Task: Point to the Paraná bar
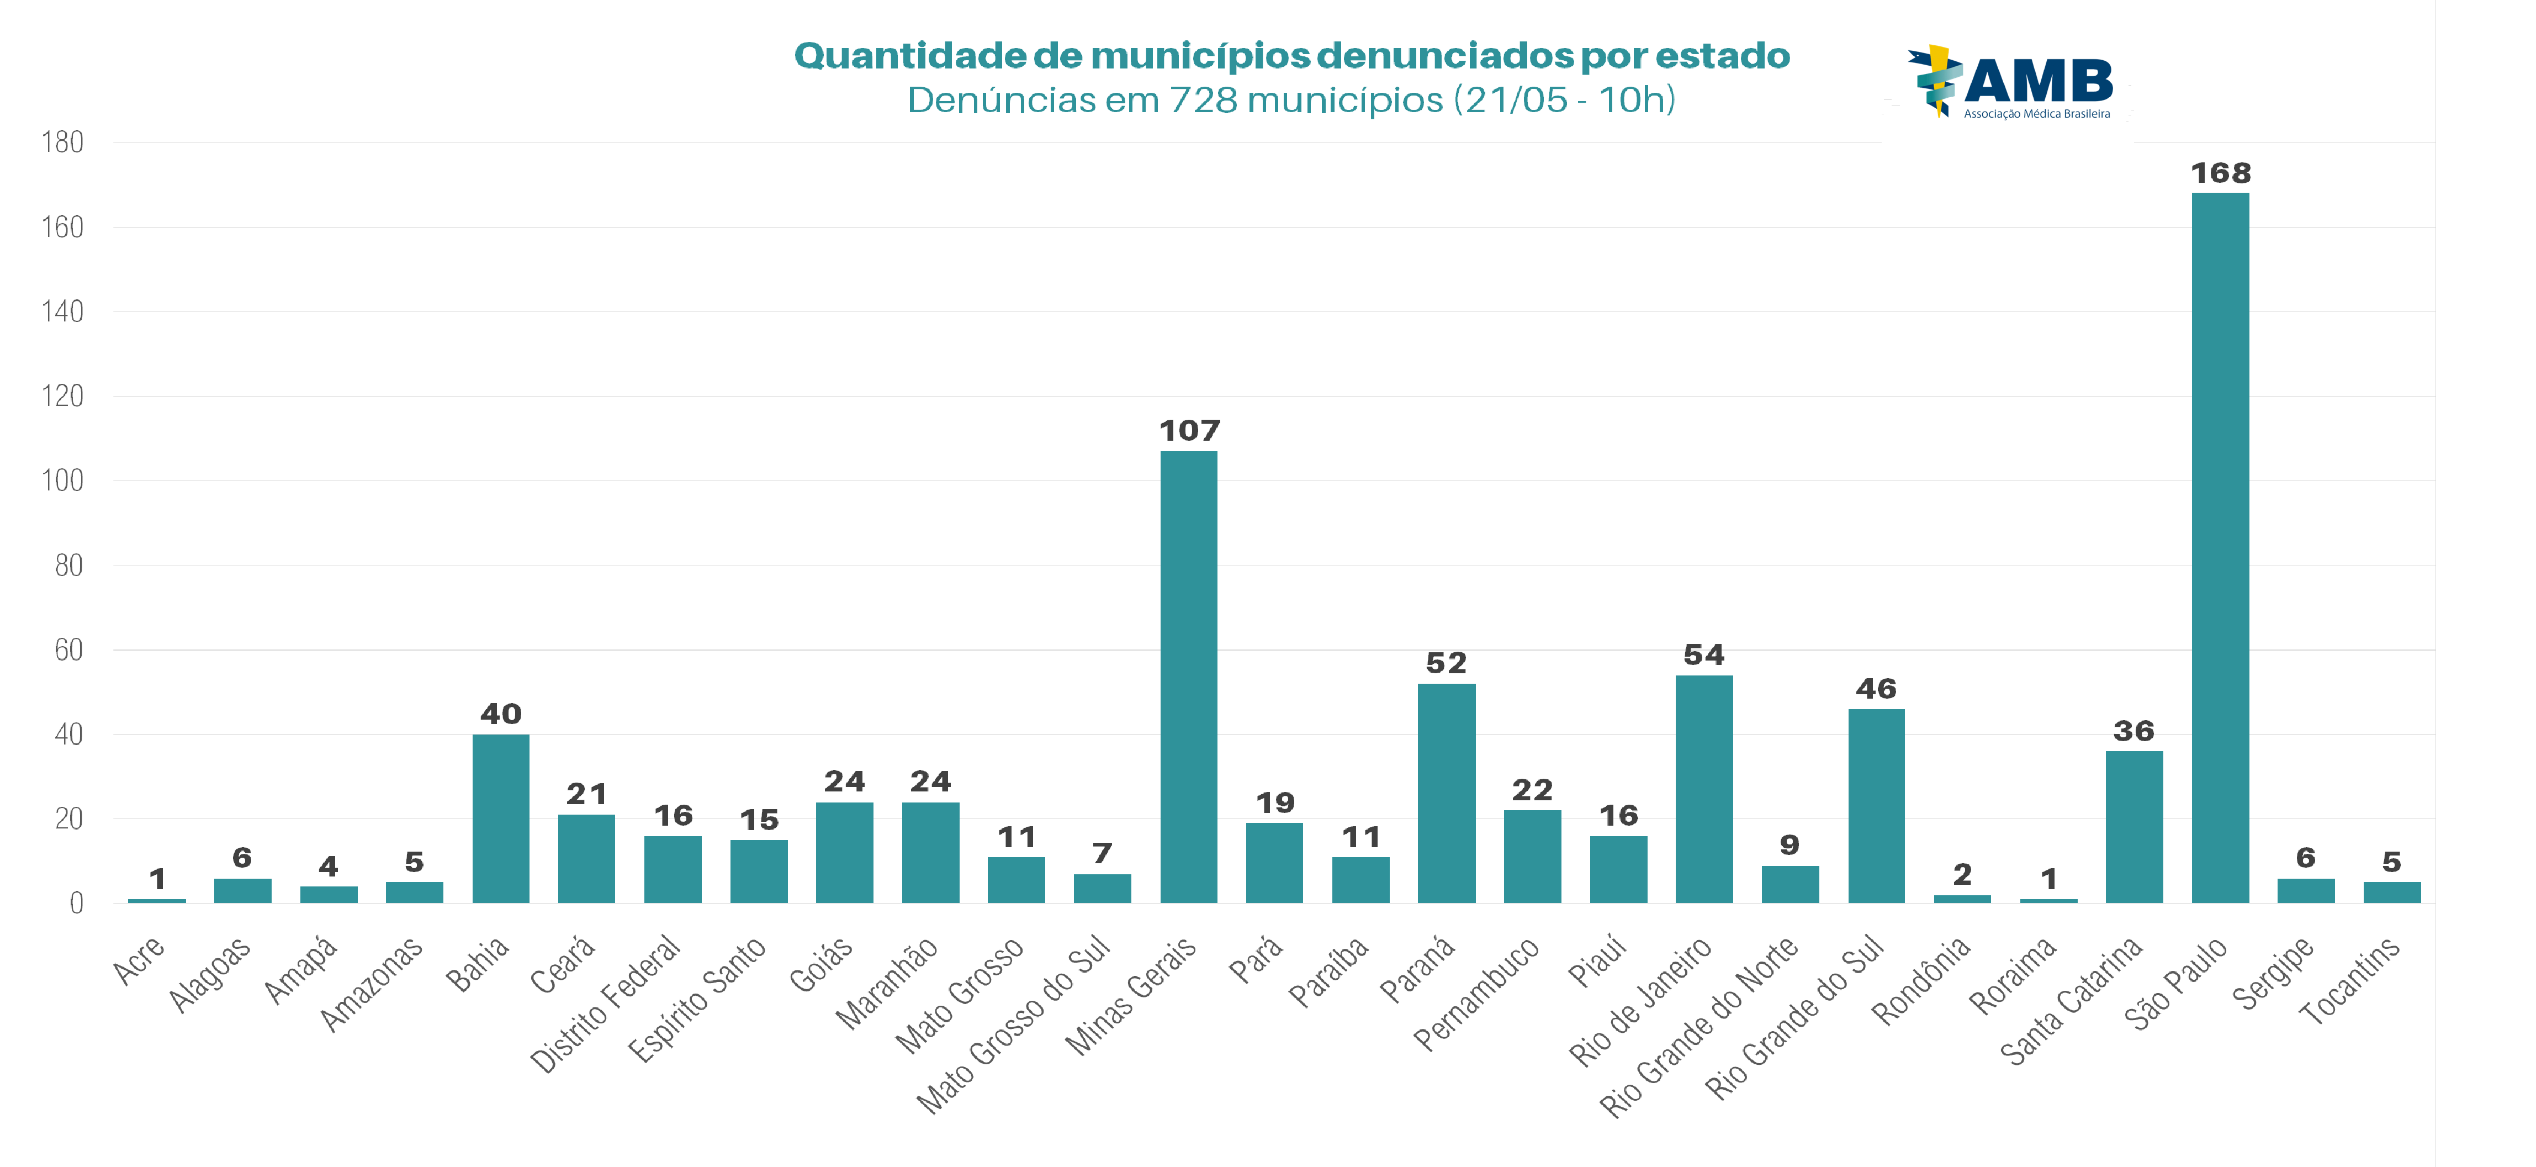pos(1446,793)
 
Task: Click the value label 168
pos(2220,173)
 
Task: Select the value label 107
pos(1189,430)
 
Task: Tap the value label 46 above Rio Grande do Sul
pos(1876,688)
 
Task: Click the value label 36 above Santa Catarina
pos(2133,731)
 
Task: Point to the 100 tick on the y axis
pos(62,480)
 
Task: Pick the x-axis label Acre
pos(139,960)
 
